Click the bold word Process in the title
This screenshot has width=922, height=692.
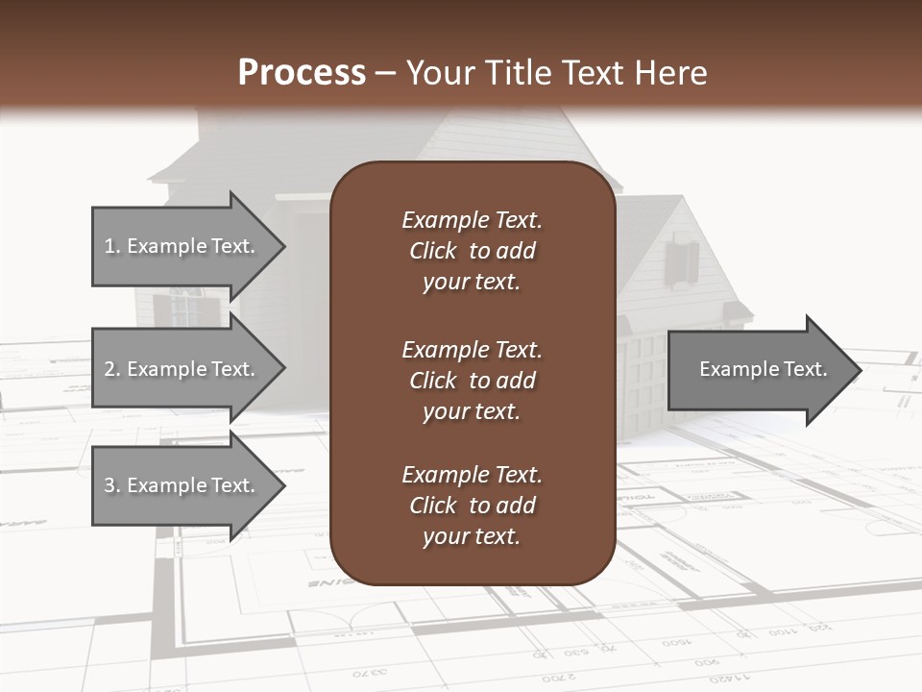[302, 73]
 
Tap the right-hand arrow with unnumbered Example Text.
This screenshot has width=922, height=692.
[762, 369]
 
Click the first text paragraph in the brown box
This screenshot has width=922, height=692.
[472, 251]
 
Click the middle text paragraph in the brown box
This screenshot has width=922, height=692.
[472, 381]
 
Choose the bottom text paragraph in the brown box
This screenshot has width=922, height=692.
[472, 506]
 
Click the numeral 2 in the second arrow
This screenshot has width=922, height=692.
[109, 369]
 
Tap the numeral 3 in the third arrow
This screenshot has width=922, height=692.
[109, 485]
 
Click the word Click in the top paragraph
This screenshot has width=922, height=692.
[432, 251]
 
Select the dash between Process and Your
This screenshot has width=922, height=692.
[385, 73]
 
